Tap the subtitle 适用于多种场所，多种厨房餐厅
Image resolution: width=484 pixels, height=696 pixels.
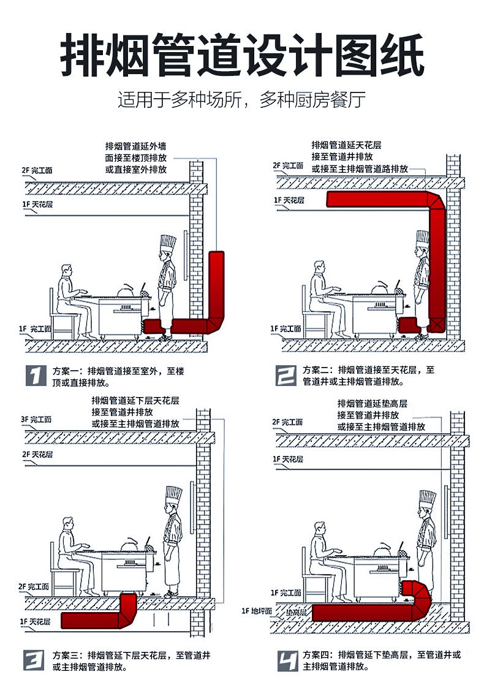point(242,100)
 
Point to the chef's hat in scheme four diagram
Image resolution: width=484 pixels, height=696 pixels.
point(427,499)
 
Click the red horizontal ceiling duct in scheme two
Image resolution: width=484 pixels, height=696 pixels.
point(380,199)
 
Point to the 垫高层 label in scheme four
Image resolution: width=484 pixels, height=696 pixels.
point(297,612)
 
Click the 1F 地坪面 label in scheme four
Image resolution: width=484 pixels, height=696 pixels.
point(257,611)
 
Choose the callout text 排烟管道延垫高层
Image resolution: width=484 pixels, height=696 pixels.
point(372,404)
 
